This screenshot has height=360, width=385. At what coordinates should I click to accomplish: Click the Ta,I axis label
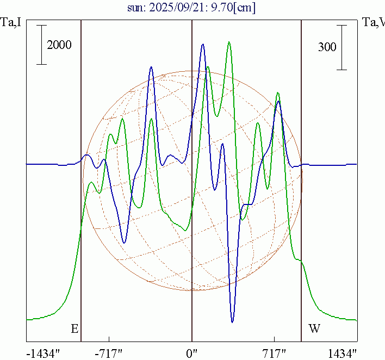coord(11,23)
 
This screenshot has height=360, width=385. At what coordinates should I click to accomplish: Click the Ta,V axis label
coord(373,23)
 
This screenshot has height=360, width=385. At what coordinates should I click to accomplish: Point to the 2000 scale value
coord(59,45)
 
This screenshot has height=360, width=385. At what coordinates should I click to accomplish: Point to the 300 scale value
coord(327,47)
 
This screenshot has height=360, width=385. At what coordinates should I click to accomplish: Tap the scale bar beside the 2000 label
coord(42,45)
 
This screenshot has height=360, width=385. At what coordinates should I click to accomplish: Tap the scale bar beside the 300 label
coord(341,47)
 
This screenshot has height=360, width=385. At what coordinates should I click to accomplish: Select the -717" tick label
coord(108,353)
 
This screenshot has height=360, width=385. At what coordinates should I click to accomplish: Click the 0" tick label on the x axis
coord(192,353)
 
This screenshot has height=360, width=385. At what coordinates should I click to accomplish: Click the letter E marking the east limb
coord(74,328)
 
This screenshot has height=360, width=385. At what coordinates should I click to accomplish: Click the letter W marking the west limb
coord(314,328)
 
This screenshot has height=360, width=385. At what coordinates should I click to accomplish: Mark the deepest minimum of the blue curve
coord(232,322)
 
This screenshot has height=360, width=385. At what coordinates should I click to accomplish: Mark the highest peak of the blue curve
coord(203,45)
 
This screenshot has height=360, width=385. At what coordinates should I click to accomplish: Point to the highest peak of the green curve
coord(229,41)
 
